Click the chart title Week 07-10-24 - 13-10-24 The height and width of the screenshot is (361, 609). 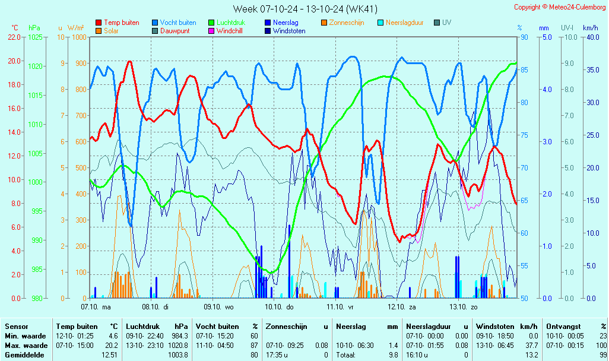click(x=305, y=9)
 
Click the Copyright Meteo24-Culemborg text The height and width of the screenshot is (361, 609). click(x=560, y=7)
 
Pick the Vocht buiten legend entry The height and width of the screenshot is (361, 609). click(x=177, y=23)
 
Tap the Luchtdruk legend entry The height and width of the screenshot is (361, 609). click(x=231, y=23)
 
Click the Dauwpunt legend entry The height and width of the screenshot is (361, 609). click(x=174, y=31)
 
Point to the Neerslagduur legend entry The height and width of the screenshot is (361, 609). click(x=406, y=23)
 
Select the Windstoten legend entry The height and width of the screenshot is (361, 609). click(x=288, y=31)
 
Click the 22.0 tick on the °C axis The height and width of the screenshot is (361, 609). click(x=14, y=37)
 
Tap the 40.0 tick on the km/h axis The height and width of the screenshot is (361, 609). click(x=590, y=37)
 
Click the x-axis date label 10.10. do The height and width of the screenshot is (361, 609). click(x=278, y=307)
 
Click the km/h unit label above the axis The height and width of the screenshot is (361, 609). click(x=590, y=28)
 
